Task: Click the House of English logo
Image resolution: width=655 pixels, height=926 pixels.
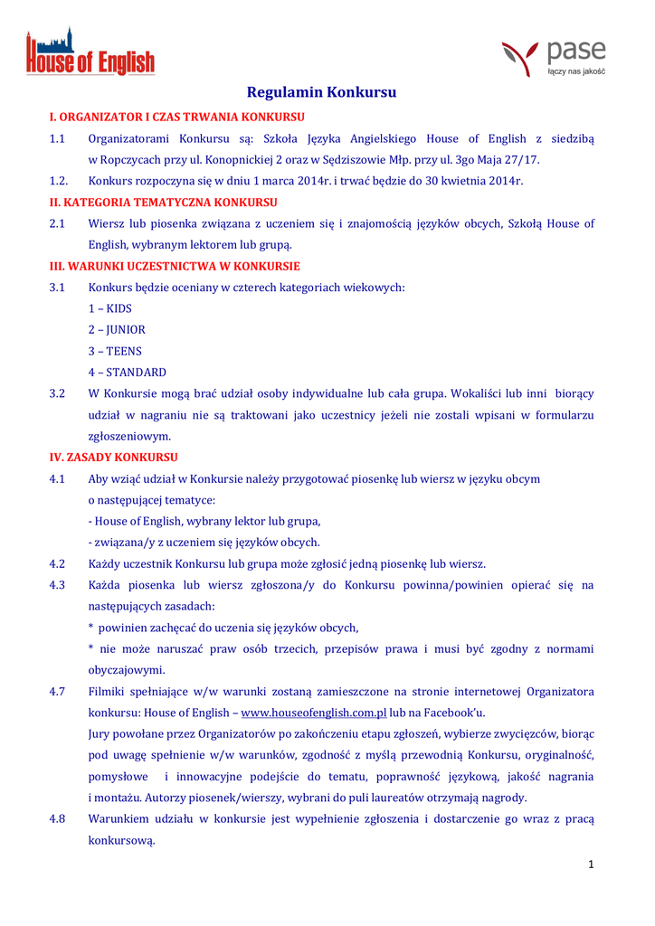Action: tap(90, 52)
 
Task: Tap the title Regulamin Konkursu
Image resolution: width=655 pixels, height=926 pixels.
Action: tap(322, 92)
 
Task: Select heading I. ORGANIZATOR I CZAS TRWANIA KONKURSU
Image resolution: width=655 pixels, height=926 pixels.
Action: tap(176, 117)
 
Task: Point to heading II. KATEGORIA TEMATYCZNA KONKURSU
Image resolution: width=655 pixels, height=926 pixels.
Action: tap(163, 202)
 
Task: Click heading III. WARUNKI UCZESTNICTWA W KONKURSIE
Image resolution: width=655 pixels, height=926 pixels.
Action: tap(174, 266)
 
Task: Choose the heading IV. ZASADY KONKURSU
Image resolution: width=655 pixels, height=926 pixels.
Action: tap(113, 457)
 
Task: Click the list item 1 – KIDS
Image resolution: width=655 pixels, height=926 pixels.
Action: tap(109, 308)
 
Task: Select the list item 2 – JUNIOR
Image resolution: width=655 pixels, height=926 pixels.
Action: tap(117, 330)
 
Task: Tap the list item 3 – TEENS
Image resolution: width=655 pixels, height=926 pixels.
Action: tap(115, 351)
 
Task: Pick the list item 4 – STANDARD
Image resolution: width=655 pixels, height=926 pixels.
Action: tap(127, 373)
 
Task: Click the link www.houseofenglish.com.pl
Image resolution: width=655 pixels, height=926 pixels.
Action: tap(315, 713)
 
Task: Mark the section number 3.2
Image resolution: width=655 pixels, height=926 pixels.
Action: tap(57, 393)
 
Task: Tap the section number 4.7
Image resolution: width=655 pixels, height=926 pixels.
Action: tap(57, 692)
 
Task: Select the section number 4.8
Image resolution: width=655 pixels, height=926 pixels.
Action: tap(57, 818)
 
